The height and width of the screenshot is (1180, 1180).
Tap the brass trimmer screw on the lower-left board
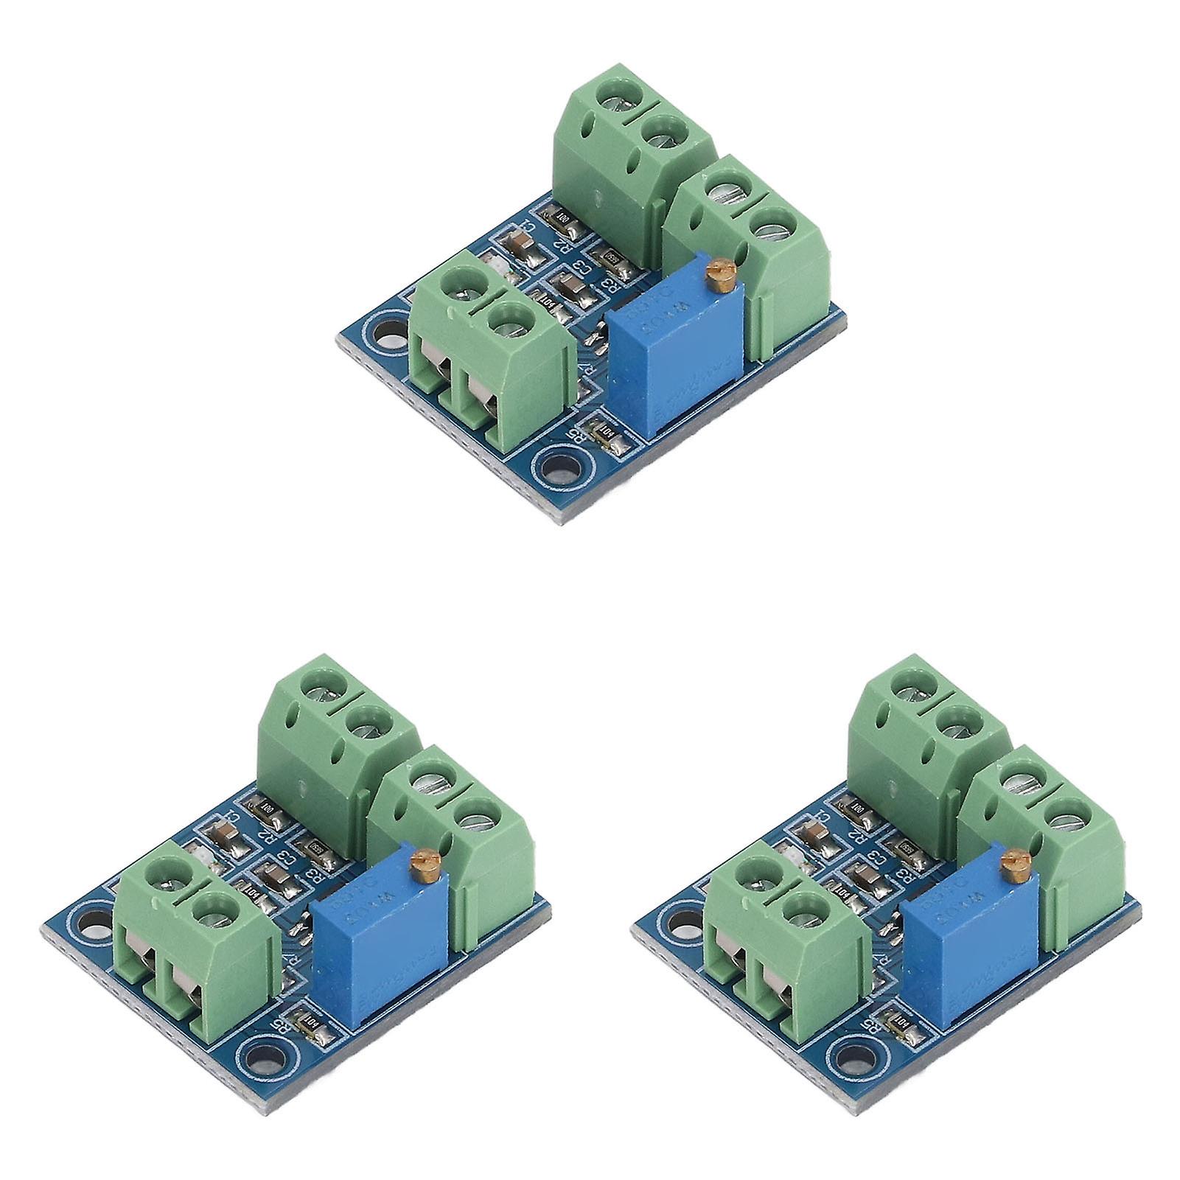(x=422, y=857)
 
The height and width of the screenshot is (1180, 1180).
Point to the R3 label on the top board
(x=609, y=283)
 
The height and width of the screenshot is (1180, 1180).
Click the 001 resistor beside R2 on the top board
(x=560, y=219)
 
